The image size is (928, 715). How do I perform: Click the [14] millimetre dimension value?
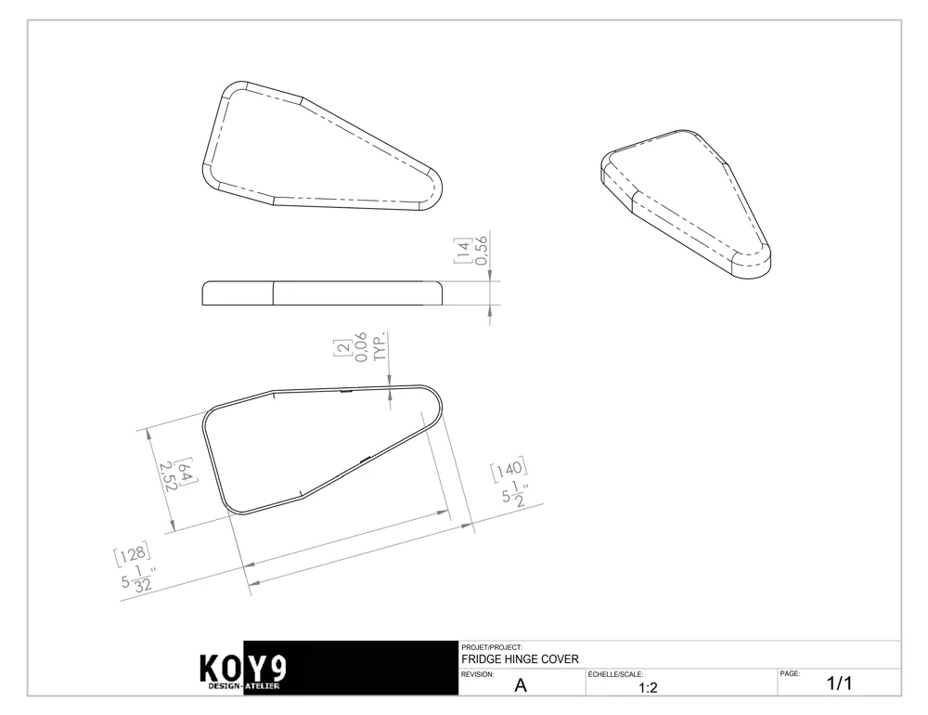(462, 251)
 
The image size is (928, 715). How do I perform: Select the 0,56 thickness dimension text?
(481, 251)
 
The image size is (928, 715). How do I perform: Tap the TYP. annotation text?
(380, 346)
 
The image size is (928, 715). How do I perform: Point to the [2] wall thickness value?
(342, 348)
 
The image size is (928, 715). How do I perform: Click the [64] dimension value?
(187, 472)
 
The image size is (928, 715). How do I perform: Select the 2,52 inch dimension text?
(169, 476)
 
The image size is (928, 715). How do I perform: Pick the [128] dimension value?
(132, 554)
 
